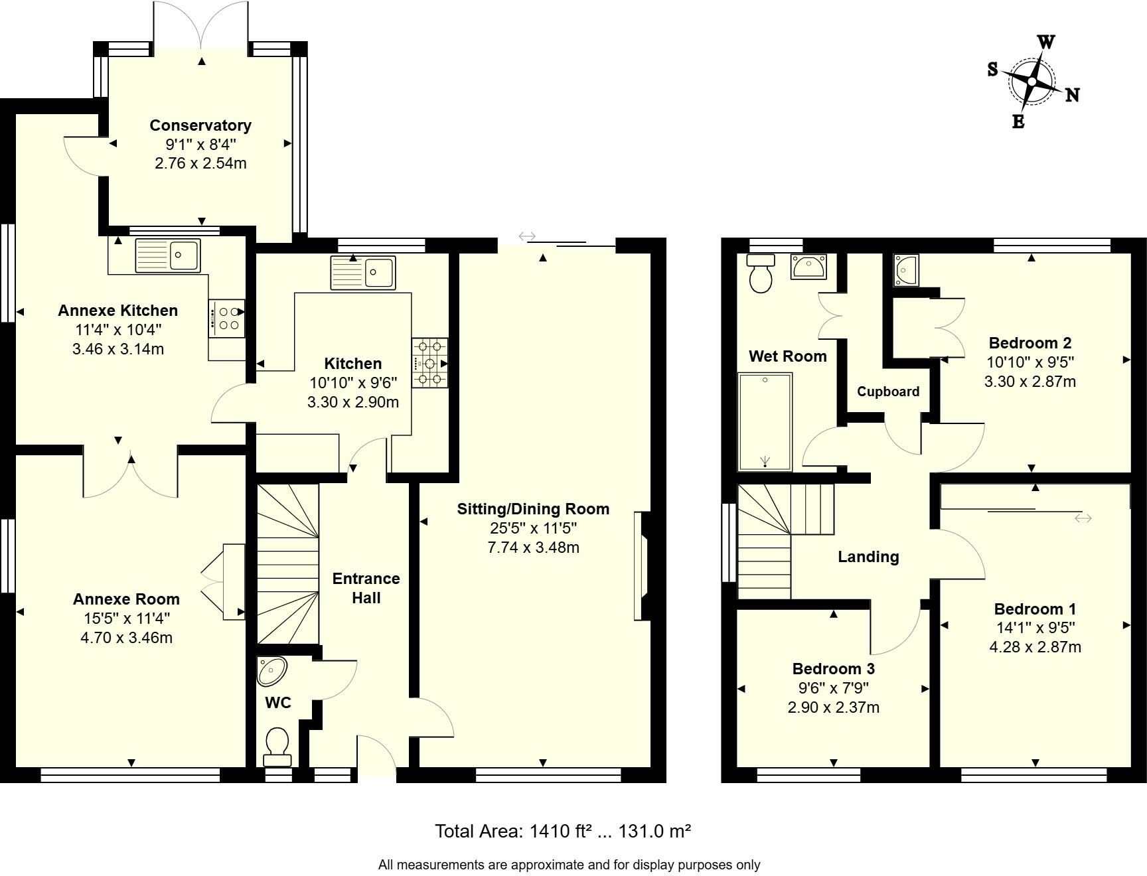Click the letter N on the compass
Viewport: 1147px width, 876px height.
tap(1072, 96)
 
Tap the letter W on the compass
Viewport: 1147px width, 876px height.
tap(1046, 42)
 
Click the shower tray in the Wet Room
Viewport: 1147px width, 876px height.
tap(765, 422)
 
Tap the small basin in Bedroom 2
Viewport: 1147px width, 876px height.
tap(906, 270)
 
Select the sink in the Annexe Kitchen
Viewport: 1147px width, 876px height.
tap(167, 256)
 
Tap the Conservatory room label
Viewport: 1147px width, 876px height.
tap(200, 125)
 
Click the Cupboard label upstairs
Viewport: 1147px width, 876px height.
tap(887, 392)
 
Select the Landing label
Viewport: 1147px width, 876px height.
tap(868, 557)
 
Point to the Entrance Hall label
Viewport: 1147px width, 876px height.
tap(366, 588)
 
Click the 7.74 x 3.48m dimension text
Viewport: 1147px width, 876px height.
tap(533, 547)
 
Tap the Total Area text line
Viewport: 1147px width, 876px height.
tap(563, 831)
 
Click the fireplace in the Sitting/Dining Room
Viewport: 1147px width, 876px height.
tap(642, 565)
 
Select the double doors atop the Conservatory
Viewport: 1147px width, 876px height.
tap(202, 25)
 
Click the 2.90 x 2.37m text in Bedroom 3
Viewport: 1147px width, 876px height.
tap(833, 707)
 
